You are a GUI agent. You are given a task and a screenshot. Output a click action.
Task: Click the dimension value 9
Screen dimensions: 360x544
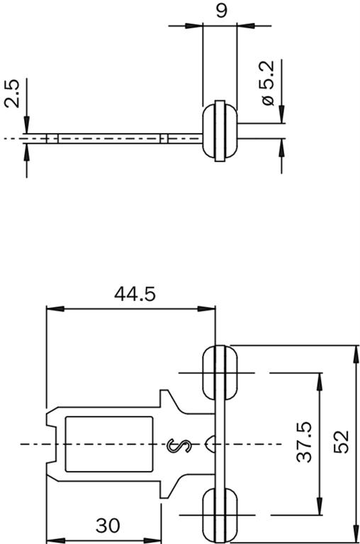coord(221,11)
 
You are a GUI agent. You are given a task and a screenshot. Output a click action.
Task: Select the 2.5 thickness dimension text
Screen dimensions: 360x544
coord(12,93)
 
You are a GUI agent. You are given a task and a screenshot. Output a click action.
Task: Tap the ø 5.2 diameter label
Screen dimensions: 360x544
coord(267,83)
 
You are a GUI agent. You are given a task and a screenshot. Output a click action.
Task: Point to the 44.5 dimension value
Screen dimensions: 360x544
coord(135,294)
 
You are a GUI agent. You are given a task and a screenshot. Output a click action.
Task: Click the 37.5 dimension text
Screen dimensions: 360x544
coord(305,441)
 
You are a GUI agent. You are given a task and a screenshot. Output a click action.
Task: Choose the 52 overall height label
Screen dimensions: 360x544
coord(341,441)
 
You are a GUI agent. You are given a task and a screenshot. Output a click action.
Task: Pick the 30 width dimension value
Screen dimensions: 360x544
coord(108,526)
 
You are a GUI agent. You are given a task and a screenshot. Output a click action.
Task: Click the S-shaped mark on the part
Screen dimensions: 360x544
coord(179,446)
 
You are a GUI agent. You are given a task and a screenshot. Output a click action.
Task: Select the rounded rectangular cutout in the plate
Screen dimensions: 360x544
coord(109,444)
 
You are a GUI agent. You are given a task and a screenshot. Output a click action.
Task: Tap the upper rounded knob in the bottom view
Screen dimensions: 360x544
coord(220,373)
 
